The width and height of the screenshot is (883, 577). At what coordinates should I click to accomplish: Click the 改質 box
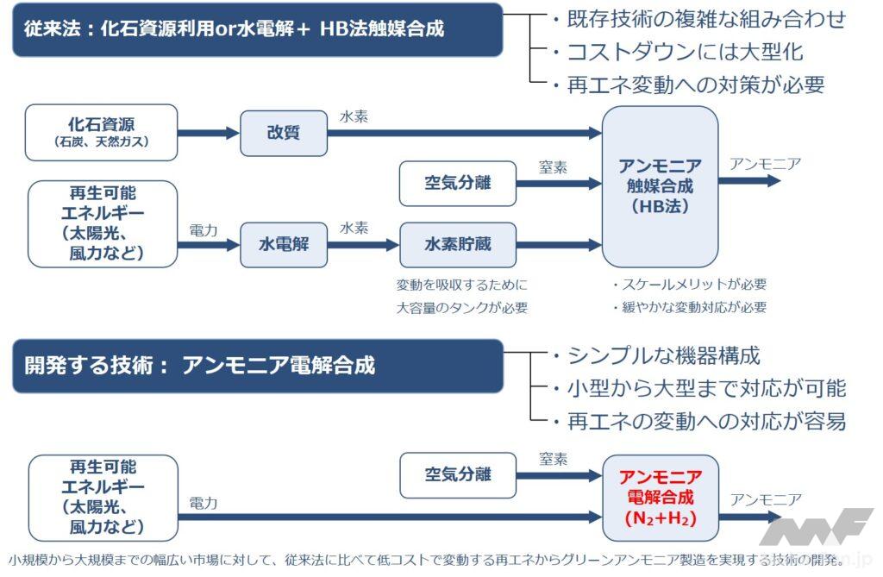tap(284, 133)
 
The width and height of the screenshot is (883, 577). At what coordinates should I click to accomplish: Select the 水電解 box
tap(284, 244)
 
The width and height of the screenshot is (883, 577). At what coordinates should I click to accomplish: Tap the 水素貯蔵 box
tap(457, 244)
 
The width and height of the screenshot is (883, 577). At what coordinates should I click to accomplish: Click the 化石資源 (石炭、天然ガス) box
tap(102, 132)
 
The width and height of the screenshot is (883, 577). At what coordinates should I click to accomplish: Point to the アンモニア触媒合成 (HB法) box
tap(660, 186)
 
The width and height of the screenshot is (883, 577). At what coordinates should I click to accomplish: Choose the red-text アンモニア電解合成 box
tap(660, 498)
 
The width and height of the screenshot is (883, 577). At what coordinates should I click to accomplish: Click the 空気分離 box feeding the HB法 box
tap(457, 183)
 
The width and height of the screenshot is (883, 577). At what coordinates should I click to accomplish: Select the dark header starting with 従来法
tap(257, 29)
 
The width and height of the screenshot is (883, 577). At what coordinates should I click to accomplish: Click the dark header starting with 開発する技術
tap(257, 366)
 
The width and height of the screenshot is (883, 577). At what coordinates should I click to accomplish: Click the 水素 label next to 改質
tap(354, 116)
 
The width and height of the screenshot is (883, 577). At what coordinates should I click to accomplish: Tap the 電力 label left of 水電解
tap(204, 229)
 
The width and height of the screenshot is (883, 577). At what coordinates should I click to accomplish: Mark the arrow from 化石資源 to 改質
tap(208, 133)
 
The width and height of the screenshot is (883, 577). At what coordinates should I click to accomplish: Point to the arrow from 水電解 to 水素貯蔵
tap(363, 245)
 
